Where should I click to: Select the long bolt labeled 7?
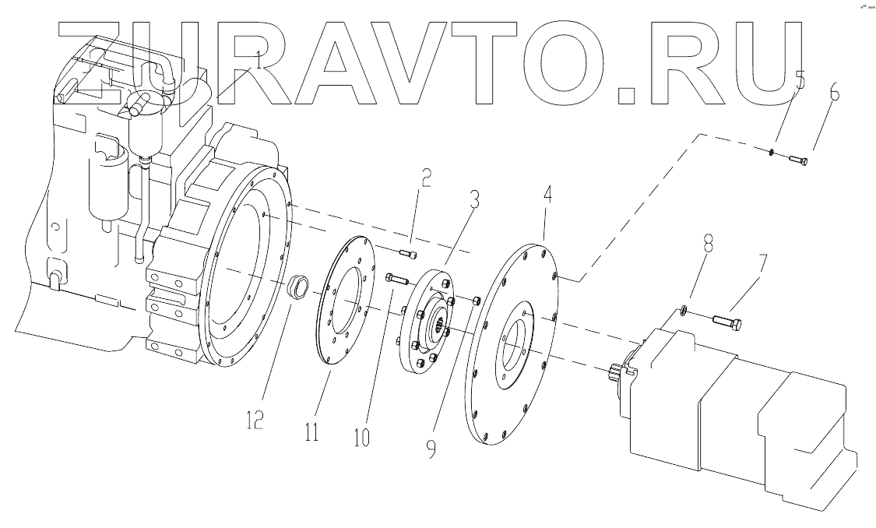[x=725, y=321]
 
